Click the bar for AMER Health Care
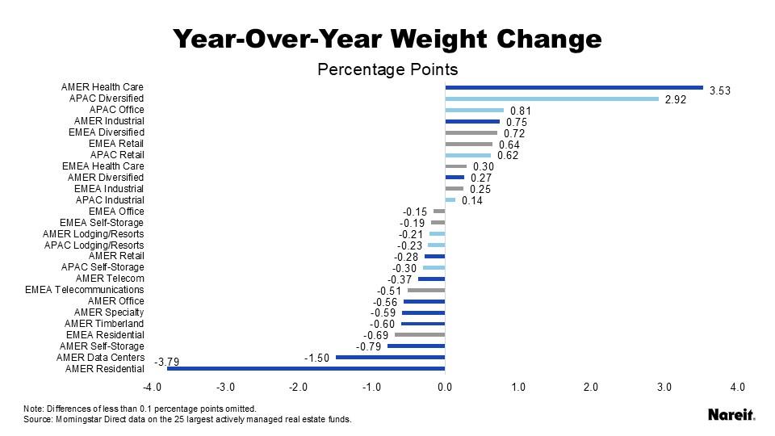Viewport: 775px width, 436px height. [573, 87]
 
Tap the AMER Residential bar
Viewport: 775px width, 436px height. [306, 369]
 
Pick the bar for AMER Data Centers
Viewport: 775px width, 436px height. [390, 358]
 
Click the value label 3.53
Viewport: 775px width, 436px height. [719, 91]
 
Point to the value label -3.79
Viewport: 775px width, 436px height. [166, 363]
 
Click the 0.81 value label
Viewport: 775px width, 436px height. [521, 111]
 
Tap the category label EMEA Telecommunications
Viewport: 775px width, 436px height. [85, 290]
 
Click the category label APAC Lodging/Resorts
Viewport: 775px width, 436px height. [94, 245]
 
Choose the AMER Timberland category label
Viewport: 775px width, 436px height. [104, 324]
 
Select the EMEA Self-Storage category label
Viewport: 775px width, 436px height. [102, 223]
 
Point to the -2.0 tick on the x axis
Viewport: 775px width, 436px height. [298, 388]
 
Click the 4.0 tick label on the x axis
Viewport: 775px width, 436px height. [737, 388]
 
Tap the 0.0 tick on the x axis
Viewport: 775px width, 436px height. [445, 388]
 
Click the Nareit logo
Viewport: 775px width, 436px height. [731, 414]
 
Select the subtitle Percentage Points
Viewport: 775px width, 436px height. [387, 69]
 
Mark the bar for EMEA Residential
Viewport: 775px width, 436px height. [419, 335]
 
